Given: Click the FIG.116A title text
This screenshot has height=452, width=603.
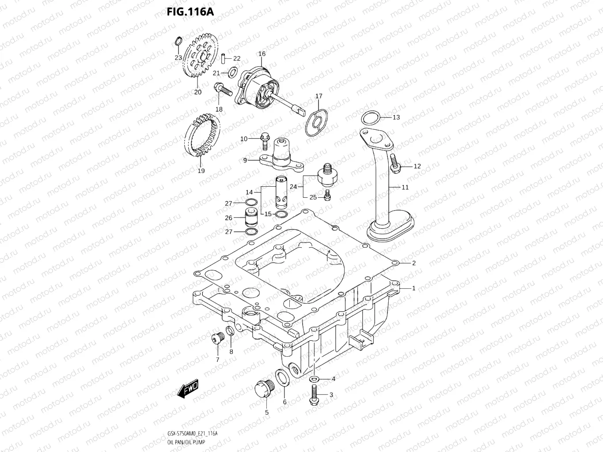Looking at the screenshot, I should (190, 11).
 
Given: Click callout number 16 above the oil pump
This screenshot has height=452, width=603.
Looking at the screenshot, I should (262, 54).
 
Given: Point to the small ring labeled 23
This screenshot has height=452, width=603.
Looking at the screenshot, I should (178, 41).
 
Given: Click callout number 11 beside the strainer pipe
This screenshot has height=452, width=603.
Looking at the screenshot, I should (405, 187).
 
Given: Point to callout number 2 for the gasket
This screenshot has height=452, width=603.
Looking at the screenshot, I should (413, 264).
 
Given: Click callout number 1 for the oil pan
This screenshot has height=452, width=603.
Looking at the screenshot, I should (413, 288).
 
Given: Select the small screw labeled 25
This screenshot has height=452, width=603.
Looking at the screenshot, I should (327, 194).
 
